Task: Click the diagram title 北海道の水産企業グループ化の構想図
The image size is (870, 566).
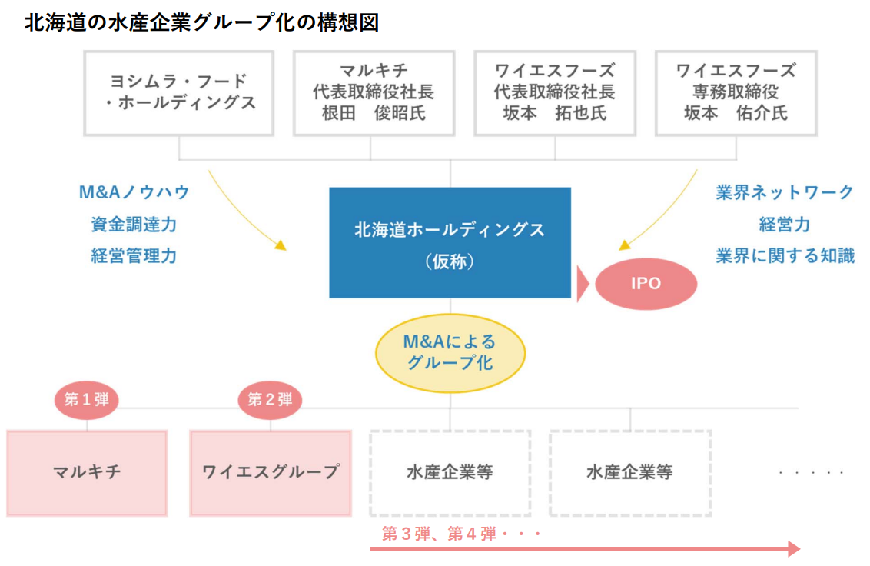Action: pos(201,22)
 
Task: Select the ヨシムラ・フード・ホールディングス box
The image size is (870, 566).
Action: pos(178,92)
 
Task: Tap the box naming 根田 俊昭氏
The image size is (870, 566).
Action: pos(374,92)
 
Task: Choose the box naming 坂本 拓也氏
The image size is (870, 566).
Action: pos(554,92)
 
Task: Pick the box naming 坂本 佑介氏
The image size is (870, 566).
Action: pos(736,92)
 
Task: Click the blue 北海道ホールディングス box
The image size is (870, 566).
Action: pos(450,242)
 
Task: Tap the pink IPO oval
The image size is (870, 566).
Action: pos(646,283)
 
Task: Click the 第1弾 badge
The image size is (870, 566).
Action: pos(86,400)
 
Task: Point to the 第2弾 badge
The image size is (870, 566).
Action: pos(270,400)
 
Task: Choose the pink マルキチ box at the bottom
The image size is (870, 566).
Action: pos(87,472)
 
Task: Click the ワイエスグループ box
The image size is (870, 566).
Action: pos(270,472)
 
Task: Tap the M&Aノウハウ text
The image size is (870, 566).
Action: pos(134,192)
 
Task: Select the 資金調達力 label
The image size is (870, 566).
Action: pos(134,225)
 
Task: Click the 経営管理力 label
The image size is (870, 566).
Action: pos(134,256)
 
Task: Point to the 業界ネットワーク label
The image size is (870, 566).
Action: pos(785,192)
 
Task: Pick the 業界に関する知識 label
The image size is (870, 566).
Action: pos(785,256)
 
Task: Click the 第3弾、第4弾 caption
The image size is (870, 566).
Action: pos(462,534)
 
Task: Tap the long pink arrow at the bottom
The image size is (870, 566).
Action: pos(584,549)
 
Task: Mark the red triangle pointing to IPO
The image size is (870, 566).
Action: pos(582,284)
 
